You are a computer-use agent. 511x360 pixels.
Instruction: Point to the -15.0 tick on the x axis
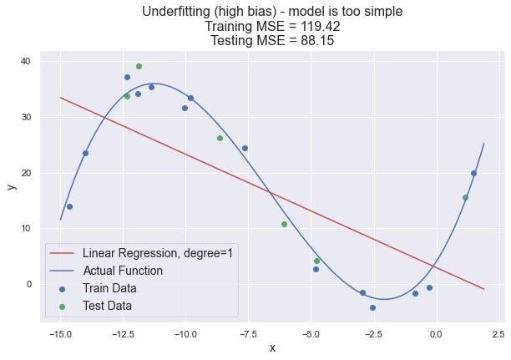(60, 334)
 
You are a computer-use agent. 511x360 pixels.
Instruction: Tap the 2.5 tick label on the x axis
(498, 334)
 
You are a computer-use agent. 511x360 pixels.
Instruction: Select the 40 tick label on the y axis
(26, 61)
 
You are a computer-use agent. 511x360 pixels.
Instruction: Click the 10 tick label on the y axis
(26, 228)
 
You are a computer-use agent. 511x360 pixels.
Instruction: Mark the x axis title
(272, 348)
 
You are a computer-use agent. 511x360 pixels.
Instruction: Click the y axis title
(12, 186)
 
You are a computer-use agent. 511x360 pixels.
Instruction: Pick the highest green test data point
(139, 66)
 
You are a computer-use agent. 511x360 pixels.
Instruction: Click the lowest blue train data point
(372, 307)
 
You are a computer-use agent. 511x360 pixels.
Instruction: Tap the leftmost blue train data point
(69, 206)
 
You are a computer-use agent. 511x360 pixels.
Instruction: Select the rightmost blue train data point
(473, 173)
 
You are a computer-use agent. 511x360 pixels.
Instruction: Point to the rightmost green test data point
(465, 197)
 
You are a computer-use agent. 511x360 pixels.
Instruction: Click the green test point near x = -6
(284, 224)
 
